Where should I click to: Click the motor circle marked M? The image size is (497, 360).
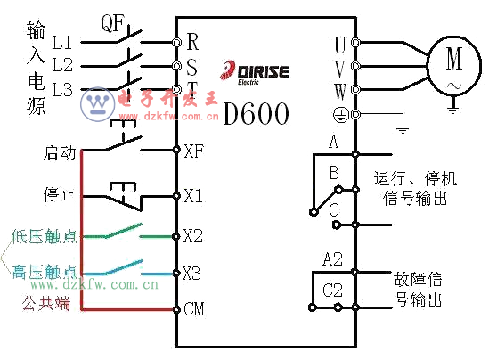(x=428, y=65)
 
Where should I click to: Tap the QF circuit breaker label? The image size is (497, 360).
(x=113, y=23)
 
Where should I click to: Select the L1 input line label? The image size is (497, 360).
(x=62, y=42)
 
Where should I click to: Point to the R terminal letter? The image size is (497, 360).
(x=192, y=42)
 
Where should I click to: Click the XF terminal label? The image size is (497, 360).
(x=193, y=151)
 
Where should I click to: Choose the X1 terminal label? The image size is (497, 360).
(x=193, y=195)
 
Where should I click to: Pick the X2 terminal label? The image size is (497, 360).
(x=193, y=236)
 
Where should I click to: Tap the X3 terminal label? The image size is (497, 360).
(x=191, y=273)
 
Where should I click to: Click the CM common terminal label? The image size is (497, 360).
(x=194, y=308)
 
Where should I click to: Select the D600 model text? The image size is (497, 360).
(x=257, y=114)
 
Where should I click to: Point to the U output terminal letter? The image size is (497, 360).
(x=340, y=45)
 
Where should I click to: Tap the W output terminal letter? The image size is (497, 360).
(x=340, y=92)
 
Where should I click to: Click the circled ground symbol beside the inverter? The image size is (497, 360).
(x=341, y=114)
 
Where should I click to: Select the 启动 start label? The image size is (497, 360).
(x=60, y=152)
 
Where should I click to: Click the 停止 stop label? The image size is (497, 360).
(x=60, y=194)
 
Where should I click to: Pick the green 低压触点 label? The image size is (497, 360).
(x=45, y=236)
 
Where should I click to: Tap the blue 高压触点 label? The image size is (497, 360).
(x=45, y=272)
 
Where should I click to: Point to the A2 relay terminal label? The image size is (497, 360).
(x=333, y=259)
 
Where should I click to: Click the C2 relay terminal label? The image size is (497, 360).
(x=332, y=290)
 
